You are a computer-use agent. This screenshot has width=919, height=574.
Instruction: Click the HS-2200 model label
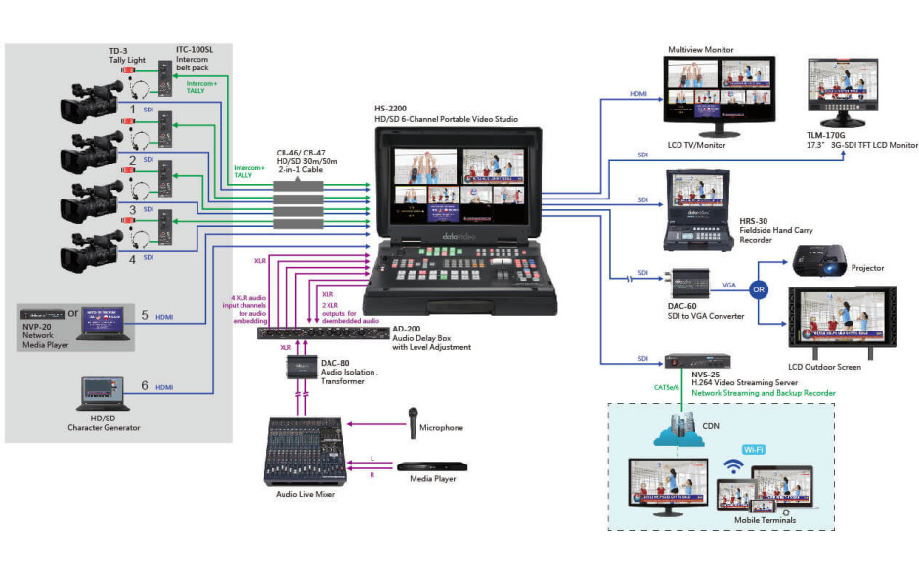392,110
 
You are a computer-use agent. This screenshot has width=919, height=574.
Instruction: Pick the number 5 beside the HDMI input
145,316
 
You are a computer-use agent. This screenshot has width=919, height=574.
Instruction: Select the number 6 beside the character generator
145,386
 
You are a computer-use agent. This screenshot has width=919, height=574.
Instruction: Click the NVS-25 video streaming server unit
698,360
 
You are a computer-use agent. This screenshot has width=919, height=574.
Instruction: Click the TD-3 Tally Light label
127,53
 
